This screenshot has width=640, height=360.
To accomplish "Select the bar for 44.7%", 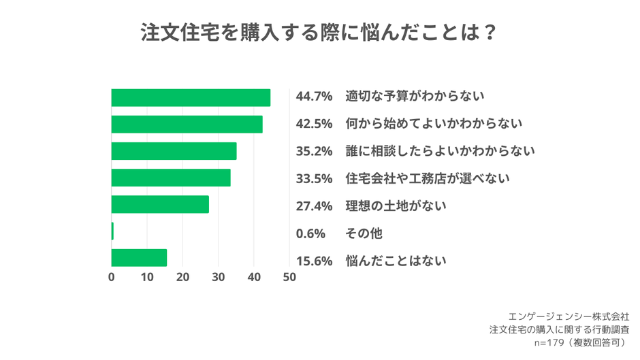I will click(191, 97).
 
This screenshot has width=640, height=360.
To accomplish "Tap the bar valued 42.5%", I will click(187, 125).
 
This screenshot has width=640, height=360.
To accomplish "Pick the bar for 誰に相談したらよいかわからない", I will click(174, 151).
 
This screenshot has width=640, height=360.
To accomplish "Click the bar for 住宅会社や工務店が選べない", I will click(171, 178).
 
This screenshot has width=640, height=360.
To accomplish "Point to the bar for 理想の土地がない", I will click(160, 204).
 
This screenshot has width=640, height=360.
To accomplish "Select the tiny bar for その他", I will click(112, 231).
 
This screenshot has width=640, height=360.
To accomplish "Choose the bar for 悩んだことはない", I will click(139, 258).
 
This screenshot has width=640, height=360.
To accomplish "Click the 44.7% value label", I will click(314, 97).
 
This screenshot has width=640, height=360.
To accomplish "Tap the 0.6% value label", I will click(310, 233).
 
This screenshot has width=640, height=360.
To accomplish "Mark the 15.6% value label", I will click(314, 261).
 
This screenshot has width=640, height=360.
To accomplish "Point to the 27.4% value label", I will click(314, 206).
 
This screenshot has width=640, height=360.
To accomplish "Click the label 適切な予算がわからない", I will click(415, 97).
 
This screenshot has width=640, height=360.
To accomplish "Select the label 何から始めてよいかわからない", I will click(434, 124).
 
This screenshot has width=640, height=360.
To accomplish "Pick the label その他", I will click(364, 233).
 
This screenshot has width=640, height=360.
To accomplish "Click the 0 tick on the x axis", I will click(112, 278).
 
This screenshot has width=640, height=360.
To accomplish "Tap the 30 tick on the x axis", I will click(219, 278).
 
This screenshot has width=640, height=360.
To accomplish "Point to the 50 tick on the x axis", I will click(289, 278).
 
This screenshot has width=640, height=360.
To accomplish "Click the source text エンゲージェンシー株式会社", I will click(569, 316).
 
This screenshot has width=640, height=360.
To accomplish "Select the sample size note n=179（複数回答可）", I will click(579, 342).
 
